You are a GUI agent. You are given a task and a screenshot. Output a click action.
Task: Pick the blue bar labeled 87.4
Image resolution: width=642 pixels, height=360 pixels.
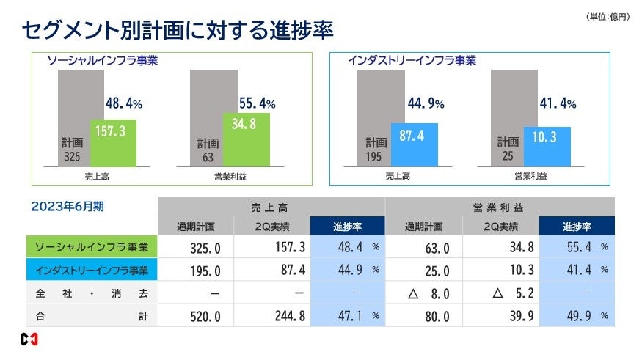(414, 144)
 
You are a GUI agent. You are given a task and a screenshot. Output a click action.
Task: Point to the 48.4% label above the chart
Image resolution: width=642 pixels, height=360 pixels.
(122, 104)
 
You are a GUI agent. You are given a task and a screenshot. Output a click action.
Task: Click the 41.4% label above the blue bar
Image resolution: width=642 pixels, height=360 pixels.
(558, 104)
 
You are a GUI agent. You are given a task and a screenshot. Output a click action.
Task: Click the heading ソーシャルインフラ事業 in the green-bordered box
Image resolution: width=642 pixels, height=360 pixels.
(102, 61)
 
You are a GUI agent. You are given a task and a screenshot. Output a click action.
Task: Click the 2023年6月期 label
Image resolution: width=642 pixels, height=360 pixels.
(67, 207)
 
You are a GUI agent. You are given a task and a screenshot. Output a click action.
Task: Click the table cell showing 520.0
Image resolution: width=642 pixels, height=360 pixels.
(196, 316)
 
